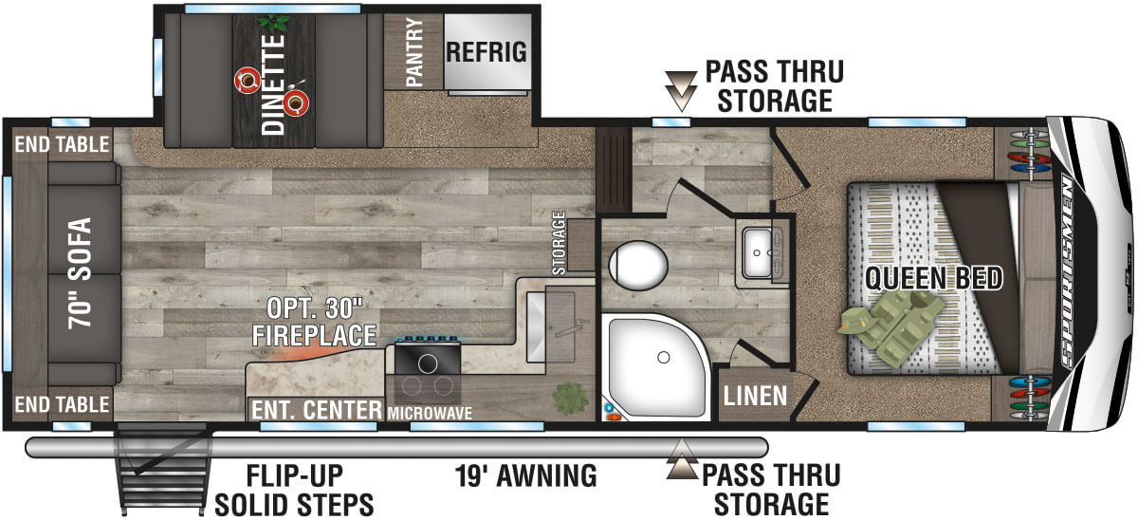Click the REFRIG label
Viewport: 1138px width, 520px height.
coord(486,52)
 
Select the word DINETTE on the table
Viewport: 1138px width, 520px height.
coord(274,72)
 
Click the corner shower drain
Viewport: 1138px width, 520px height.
coord(663,359)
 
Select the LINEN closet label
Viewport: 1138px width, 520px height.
coord(755,395)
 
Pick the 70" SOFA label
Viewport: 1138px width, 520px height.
coord(79,273)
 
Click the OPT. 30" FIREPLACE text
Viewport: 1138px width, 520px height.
coord(314,323)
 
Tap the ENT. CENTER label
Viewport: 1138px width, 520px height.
coord(315,411)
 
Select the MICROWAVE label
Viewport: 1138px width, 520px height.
coord(429,413)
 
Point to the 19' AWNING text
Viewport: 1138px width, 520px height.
coord(524,475)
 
